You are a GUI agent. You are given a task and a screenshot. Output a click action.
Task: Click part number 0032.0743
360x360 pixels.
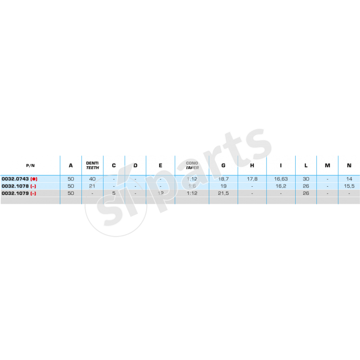coord(15,179)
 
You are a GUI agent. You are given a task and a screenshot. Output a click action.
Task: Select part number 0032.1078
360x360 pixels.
coord(15,185)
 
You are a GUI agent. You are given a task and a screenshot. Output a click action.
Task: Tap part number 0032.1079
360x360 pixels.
coord(15,193)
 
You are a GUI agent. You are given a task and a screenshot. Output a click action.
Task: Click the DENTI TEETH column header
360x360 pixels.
coord(92,165)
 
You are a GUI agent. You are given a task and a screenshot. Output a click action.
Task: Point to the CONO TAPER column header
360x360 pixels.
coord(192,165)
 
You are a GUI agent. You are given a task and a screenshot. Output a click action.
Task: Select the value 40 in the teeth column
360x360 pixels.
coord(92,179)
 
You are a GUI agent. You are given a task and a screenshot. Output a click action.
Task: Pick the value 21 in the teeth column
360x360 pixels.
coord(92,185)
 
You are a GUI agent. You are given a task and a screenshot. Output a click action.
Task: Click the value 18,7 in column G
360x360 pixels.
coord(224,179)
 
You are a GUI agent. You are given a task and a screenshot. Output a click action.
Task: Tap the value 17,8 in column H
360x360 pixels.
coord(252,179)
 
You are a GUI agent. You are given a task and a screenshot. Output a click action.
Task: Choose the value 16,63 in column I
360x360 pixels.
coord(281,179)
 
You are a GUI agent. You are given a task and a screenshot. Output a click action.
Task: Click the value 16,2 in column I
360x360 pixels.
coord(281,185)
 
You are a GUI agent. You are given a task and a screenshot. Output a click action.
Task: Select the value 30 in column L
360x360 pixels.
coord(306,179)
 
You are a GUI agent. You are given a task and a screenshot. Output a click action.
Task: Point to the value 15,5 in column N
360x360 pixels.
coord(349,185)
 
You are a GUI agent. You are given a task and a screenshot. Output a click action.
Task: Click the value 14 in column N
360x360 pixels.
coord(349,179)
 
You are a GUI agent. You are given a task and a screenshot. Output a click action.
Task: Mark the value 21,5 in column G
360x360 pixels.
coord(224,193)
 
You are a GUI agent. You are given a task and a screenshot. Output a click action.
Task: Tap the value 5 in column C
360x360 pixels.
coord(114,193)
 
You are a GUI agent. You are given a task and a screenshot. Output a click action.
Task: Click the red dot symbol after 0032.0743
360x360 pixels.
coord(34,179)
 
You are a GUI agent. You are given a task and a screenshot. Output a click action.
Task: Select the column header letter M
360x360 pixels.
coord(328,165)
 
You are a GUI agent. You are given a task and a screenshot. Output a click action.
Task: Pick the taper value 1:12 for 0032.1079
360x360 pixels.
coord(192,193)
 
